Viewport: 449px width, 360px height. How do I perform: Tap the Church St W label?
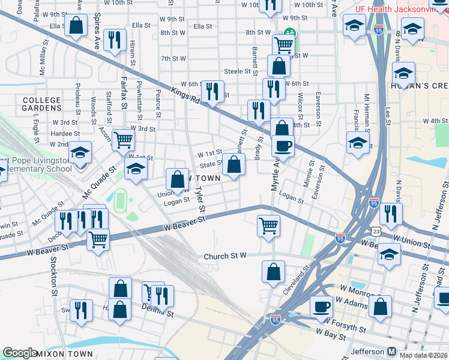[225, 256]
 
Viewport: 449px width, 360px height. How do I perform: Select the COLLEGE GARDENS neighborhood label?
[42, 104]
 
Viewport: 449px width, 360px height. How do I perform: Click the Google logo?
[20, 353]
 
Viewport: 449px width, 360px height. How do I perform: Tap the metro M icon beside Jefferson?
[391, 351]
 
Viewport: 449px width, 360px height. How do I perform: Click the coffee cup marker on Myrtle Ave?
[283, 146]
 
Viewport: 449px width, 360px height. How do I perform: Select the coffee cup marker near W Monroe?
[321, 307]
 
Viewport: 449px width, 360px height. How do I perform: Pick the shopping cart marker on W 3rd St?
[123, 140]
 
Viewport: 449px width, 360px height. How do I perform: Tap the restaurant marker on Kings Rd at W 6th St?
[211, 91]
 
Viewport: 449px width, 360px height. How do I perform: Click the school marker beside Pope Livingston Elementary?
[79, 153]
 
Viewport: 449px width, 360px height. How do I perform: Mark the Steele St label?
[237, 71]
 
